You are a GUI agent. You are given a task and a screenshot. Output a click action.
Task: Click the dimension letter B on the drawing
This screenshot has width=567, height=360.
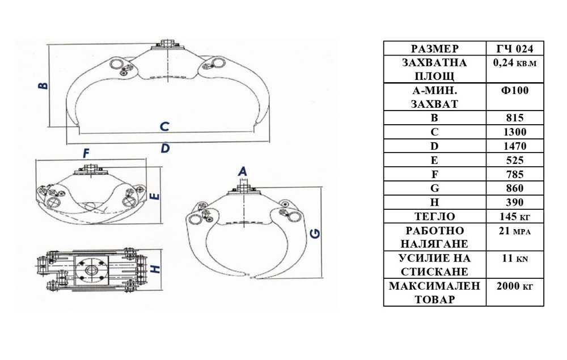pyautogui.click(x=43, y=86)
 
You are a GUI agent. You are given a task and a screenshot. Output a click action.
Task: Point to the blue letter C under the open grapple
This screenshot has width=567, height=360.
pyautogui.click(x=164, y=126)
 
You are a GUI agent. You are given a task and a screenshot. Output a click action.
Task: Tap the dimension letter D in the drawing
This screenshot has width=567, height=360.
pyautogui.click(x=165, y=148)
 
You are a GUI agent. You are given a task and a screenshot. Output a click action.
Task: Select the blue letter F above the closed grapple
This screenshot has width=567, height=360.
pyautogui.click(x=86, y=153)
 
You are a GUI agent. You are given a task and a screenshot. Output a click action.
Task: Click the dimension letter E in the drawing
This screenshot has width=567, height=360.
pyautogui.click(x=154, y=197)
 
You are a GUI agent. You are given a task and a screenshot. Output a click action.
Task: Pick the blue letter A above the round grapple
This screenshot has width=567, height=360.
pyautogui.click(x=242, y=171)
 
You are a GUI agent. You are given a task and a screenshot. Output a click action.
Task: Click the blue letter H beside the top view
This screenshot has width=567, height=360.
pyautogui.click(x=155, y=269)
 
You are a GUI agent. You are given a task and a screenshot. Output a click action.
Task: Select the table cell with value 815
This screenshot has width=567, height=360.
pyautogui.click(x=515, y=118)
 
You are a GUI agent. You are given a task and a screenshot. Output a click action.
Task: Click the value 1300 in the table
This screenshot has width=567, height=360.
pyautogui.click(x=515, y=132)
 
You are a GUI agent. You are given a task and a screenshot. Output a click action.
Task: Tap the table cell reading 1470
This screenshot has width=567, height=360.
pyautogui.click(x=515, y=146)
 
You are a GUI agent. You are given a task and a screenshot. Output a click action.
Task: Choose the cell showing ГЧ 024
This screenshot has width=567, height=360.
pyautogui.click(x=515, y=48)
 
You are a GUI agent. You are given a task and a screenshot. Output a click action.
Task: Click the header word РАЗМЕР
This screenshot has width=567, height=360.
pyautogui.click(x=435, y=48)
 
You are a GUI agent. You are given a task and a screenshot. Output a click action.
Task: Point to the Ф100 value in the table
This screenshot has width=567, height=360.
pyautogui.click(x=515, y=90)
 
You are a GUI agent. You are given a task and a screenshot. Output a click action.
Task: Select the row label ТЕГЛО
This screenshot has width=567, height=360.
pyautogui.click(x=435, y=217)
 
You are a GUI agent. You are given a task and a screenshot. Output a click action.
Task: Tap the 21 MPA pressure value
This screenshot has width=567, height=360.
pyautogui.click(x=515, y=231)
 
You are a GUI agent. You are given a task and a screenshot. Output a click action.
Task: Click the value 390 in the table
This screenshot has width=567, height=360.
pyautogui.click(x=515, y=202)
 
